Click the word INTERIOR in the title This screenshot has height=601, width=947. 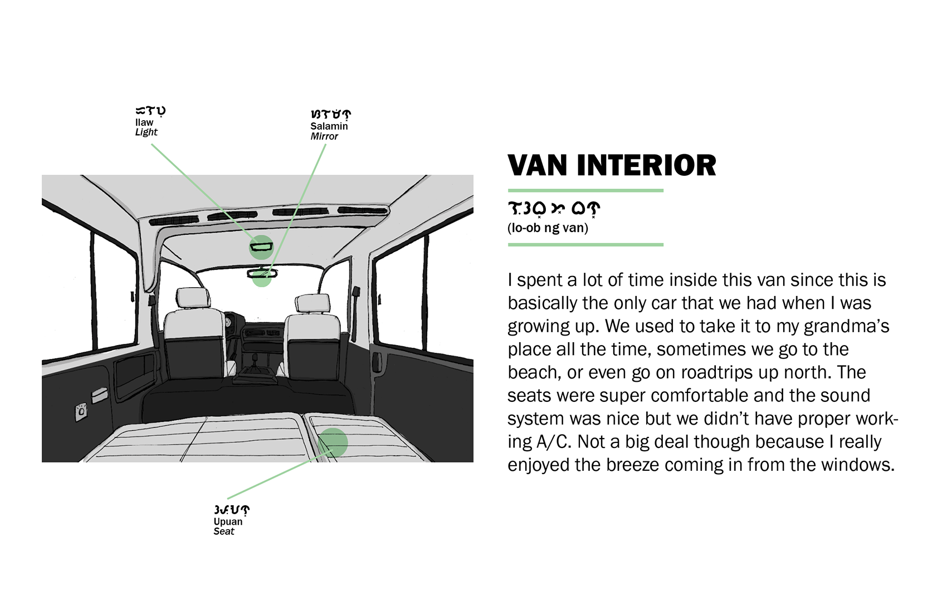(646, 166)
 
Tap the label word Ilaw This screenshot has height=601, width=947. (144, 122)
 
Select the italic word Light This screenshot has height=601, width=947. (146, 132)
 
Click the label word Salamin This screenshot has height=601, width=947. (329, 126)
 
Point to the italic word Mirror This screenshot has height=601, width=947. (324, 136)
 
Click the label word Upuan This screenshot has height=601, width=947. (228, 521)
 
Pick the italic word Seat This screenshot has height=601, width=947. (224, 531)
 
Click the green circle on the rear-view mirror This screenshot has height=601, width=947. (262, 277)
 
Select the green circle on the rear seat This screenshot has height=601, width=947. (333, 442)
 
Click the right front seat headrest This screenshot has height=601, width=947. (313, 304)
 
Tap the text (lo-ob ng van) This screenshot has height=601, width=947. (548, 228)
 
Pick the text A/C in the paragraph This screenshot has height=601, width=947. (553, 442)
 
